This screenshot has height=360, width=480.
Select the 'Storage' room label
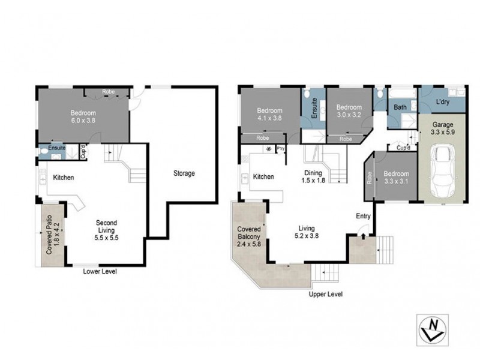pos(184,173)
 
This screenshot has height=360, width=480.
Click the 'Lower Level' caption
pos(100,272)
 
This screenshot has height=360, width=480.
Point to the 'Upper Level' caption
pos(326,295)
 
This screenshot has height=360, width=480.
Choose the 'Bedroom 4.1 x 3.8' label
pos(269,115)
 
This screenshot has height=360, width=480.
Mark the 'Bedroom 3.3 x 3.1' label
pos(395,175)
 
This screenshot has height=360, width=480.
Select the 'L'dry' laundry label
pos(443,102)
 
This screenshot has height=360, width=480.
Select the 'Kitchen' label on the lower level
pos(63,178)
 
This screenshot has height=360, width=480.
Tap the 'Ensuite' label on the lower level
pos(57,147)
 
